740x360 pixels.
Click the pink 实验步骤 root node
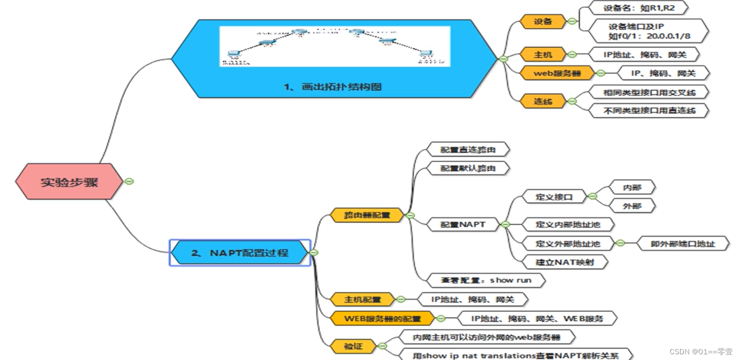coord(69,182)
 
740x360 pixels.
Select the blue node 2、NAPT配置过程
coord(240,252)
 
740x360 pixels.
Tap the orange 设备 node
coord(542,21)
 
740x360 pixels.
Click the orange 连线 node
coord(542,101)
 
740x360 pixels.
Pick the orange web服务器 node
coord(557,73)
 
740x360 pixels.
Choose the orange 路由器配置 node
coord(367,215)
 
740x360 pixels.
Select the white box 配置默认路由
coord(467,168)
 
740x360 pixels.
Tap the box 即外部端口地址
coord(683,243)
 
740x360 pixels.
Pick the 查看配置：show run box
coord(486,280)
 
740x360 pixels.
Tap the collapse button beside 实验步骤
coord(129,181)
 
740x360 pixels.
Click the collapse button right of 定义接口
coord(592,196)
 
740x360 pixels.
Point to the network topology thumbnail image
coord(335,46)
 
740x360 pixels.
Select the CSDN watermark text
coord(701,352)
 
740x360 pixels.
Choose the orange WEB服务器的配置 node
coord(382,318)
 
